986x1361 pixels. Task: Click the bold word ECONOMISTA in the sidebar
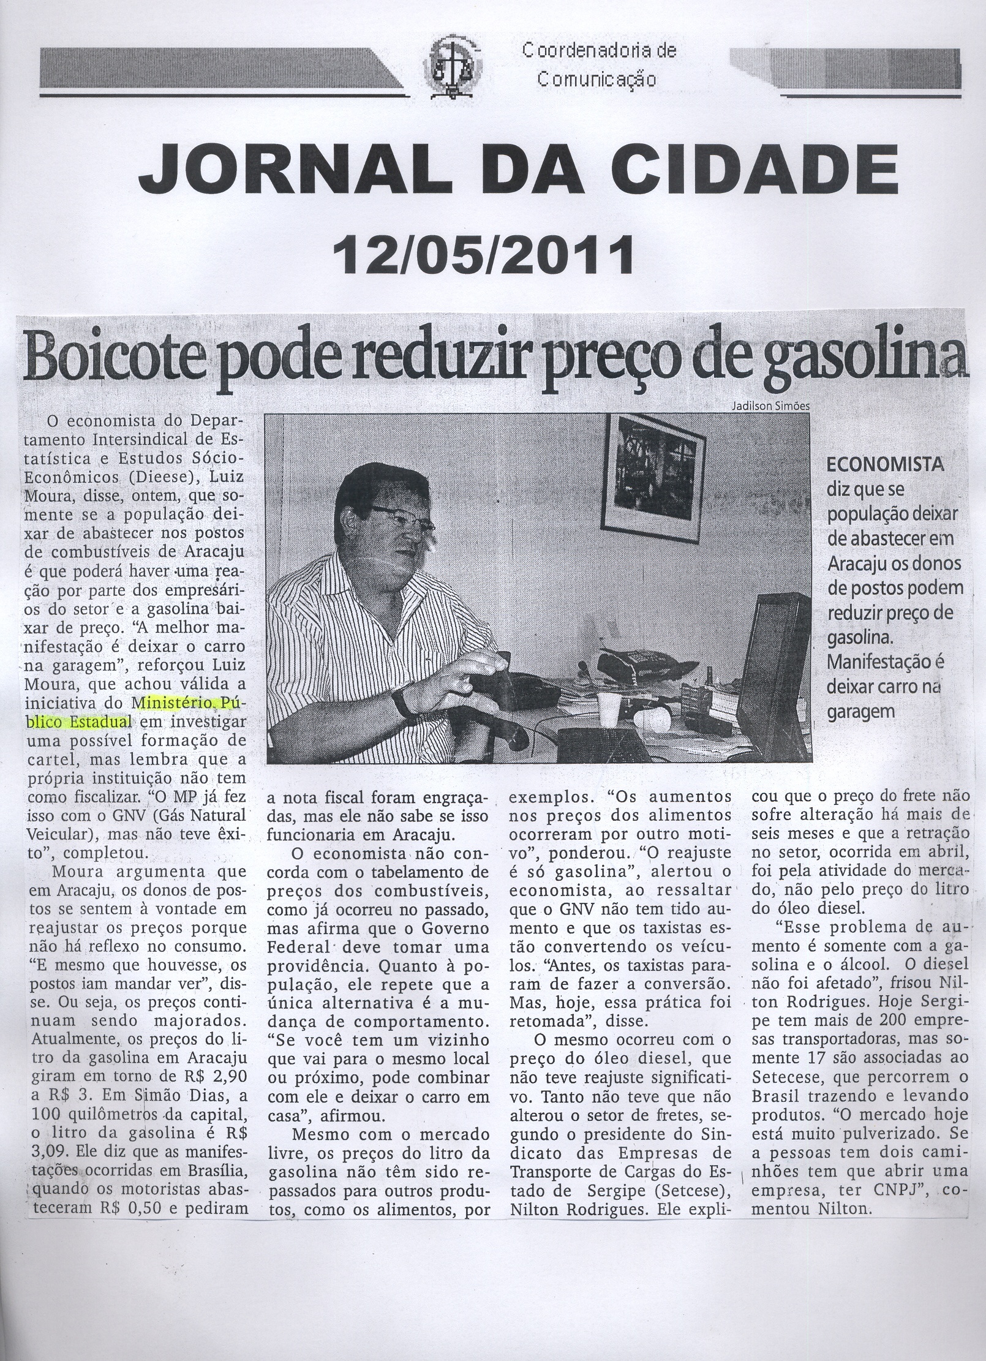click(x=885, y=466)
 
